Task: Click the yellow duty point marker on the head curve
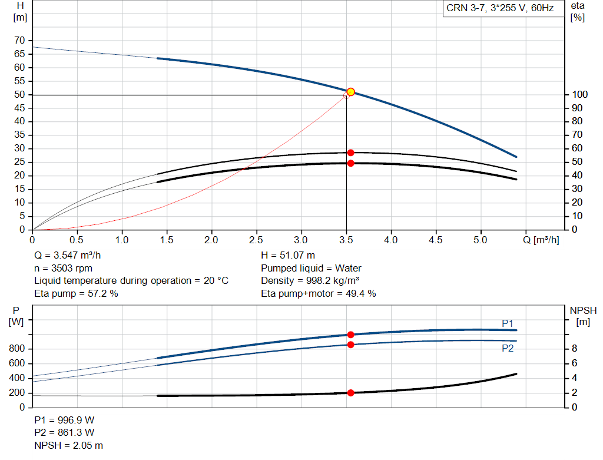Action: pyautogui.click(x=350, y=92)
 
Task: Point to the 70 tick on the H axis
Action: pyautogui.click(x=21, y=41)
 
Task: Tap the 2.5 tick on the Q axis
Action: pyautogui.click(x=256, y=240)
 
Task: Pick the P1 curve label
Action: pyautogui.click(x=508, y=323)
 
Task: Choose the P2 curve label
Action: pyautogui.click(x=508, y=348)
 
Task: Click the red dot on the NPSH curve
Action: pyautogui.click(x=350, y=393)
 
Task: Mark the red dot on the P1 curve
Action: pyautogui.click(x=350, y=335)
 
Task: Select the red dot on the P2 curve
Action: pyautogui.click(x=350, y=345)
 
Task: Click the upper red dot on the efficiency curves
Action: pyautogui.click(x=350, y=153)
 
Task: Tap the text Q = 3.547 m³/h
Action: pyautogui.click(x=72, y=256)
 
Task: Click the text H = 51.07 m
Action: pyautogui.click(x=288, y=256)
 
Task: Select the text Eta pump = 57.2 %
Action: pyautogui.click(x=77, y=293)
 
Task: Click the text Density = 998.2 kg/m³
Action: pyautogui.click(x=311, y=281)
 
